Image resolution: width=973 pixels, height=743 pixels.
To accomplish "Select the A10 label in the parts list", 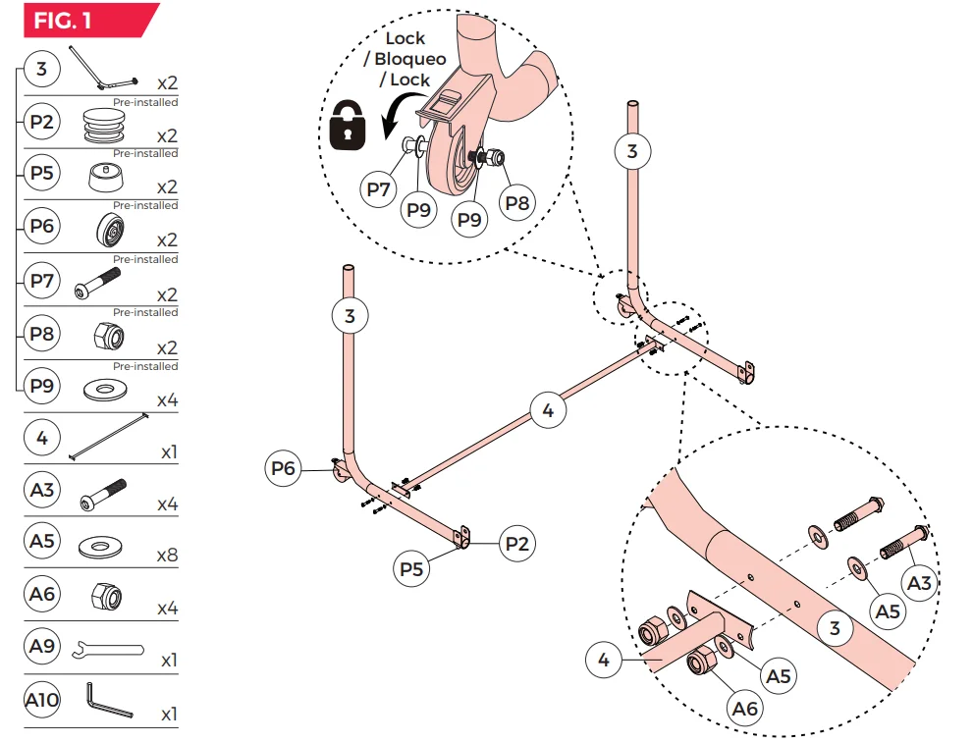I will click(x=42, y=700).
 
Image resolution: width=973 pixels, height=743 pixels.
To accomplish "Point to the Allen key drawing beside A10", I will click(x=108, y=701).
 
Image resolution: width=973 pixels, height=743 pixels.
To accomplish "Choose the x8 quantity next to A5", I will click(x=167, y=555).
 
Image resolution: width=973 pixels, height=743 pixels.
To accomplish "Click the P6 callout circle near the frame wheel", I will click(x=284, y=469).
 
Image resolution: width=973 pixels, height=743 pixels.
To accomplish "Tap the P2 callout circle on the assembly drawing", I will click(x=516, y=543).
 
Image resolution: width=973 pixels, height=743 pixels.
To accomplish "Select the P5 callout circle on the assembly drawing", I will click(x=412, y=568).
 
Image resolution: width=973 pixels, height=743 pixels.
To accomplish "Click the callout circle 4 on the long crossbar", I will click(x=548, y=410).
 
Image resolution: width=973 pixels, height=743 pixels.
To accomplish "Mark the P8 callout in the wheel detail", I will click(x=517, y=202).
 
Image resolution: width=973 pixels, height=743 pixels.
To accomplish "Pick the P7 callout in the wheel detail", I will click(x=377, y=189).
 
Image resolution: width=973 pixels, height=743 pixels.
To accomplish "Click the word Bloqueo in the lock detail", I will click(x=410, y=59).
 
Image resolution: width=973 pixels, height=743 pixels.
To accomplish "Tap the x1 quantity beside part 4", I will click(x=168, y=452).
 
